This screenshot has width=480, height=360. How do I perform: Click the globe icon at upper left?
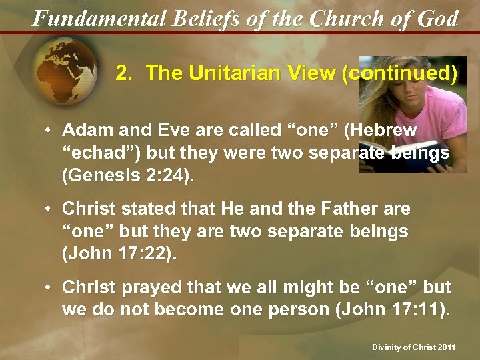pos(63,73)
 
